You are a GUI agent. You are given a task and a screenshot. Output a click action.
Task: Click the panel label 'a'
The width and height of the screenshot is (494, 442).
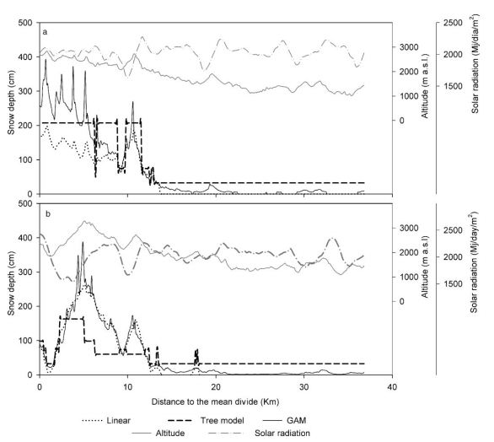pos(44,31)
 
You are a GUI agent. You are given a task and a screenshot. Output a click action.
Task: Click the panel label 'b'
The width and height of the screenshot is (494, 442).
pos(44,213)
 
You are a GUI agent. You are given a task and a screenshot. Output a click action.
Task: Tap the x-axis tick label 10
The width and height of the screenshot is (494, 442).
pos(127,383)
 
